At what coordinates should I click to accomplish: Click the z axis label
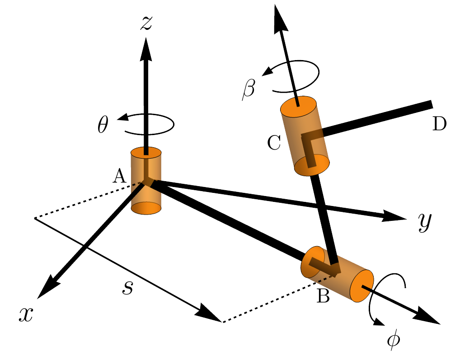click(x=146, y=23)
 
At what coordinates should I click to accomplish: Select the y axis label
click(x=425, y=222)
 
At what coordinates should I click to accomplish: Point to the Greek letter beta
click(x=248, y=89)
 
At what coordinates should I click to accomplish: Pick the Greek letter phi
click(x=394, y=341)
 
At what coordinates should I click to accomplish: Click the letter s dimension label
click(x=128, y=288)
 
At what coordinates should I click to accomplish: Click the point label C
click(x=274, y=143)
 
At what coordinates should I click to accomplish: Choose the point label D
click(x=439, y=124)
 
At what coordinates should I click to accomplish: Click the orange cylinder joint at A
click(x=146, y=181)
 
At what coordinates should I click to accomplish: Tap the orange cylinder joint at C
click(x=305, y=136)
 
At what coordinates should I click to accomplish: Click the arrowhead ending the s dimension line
click(x=211, y=315)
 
